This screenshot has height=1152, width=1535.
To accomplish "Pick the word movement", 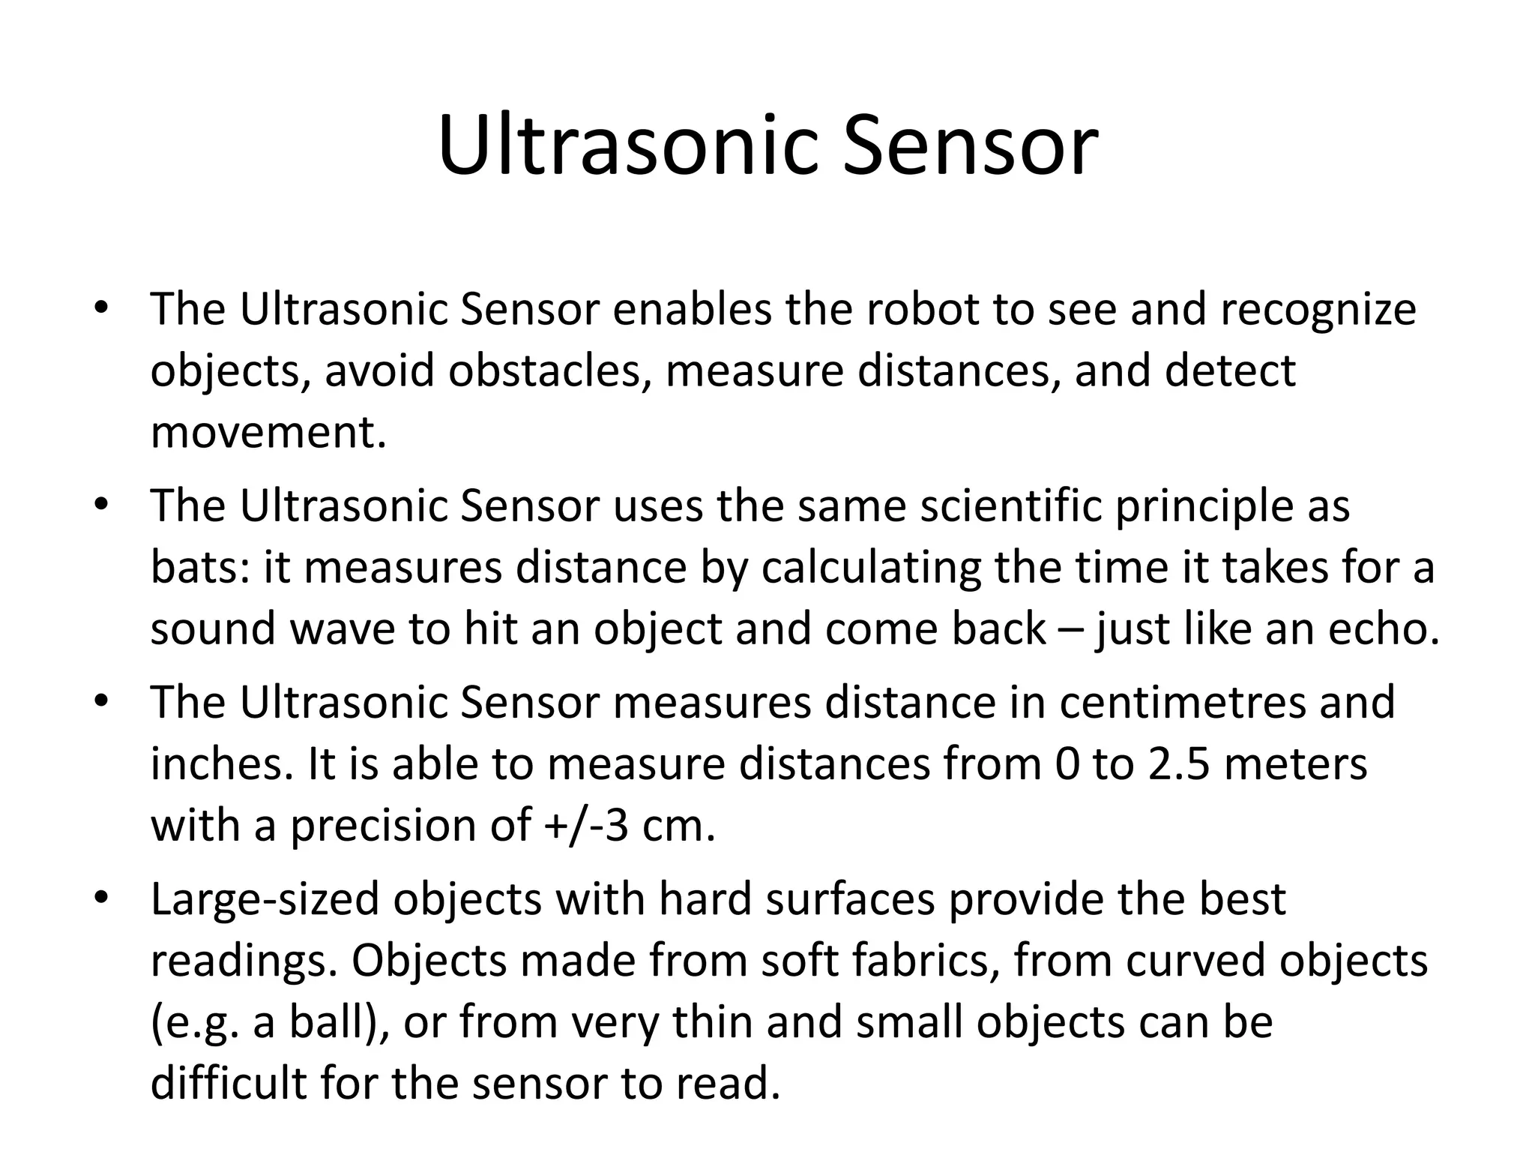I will (268, 433).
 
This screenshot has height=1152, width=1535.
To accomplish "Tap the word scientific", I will (1011, 506).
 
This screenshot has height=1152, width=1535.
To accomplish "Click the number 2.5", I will (1171, 764).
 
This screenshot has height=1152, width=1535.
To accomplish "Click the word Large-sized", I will (265, 901).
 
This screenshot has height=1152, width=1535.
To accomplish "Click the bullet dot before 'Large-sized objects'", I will (102, 898).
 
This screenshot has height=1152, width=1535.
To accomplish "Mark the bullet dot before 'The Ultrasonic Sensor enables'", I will (102, 307).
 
